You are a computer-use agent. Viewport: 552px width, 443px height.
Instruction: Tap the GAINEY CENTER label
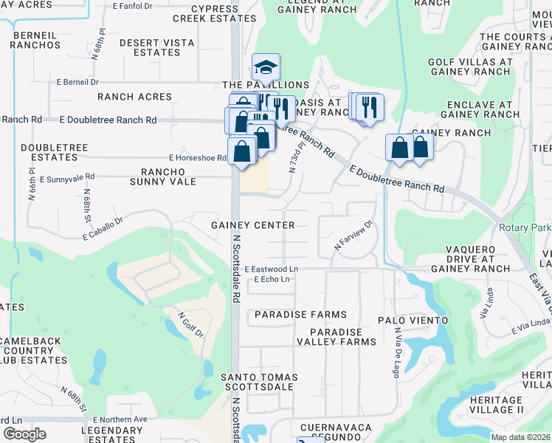click(252, 225)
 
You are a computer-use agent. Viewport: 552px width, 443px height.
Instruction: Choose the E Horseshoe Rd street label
click(197, 158)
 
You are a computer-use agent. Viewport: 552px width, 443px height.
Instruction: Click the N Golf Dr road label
click(190, 325)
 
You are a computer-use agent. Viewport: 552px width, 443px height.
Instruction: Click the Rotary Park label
click(525, 228)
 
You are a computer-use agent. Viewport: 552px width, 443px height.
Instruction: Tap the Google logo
click(24, 434)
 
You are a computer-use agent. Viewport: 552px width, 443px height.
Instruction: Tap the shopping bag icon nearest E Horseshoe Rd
click(241, 151)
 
